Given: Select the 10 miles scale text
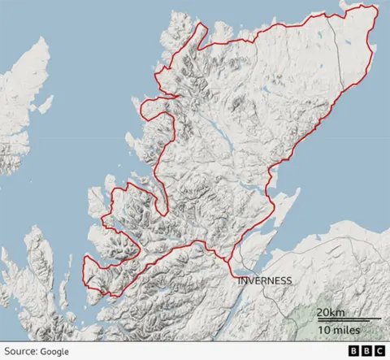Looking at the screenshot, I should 338,331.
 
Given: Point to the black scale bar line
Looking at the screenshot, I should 349,320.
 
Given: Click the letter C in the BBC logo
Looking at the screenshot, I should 379,350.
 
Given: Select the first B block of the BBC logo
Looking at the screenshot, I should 353,350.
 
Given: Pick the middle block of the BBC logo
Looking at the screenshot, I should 366,350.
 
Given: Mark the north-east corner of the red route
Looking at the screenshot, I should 378,7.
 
